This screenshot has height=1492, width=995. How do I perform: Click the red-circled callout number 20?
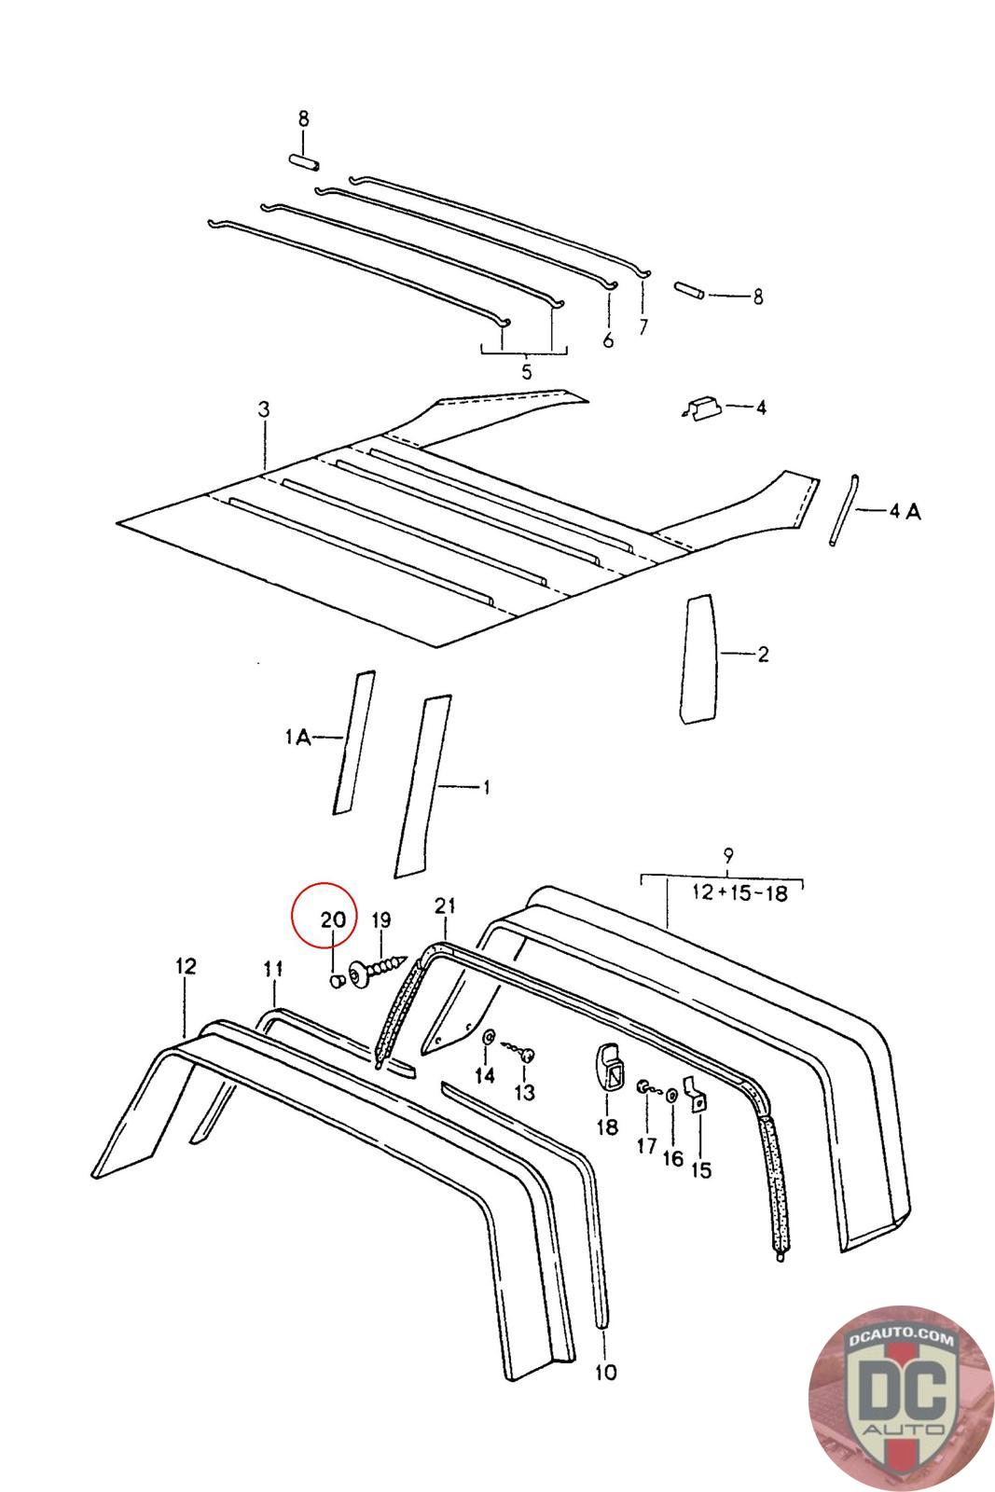[333, 919]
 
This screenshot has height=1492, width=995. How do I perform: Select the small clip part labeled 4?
[700, 408]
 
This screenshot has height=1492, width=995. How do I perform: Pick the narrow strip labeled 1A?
[354, 741]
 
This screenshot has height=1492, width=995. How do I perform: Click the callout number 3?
[264, 409]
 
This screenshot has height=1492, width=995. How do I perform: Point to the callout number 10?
[606, 1372]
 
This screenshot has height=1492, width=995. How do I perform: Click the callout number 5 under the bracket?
[526, 372]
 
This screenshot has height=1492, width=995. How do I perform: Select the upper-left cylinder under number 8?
[304, 163]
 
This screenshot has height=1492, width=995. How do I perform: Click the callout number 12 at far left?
[186, 966]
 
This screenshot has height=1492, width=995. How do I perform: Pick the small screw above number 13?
[525, 1054]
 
